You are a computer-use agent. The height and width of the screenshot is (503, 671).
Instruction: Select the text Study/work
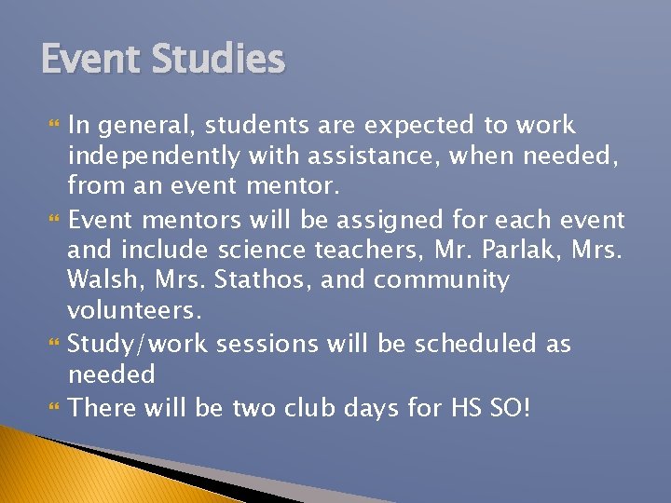click(138, 344)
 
